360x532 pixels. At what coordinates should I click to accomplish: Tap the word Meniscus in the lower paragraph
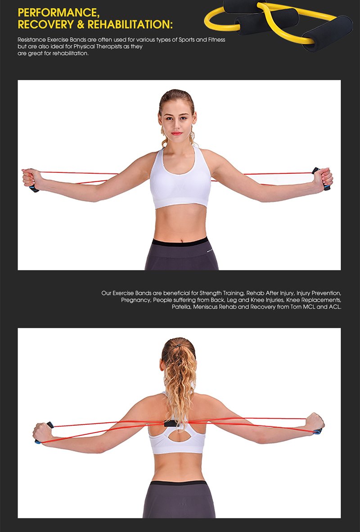[205, 307]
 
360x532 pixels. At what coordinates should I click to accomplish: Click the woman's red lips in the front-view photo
[177, 133]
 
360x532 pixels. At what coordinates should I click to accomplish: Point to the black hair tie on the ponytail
[179, 346]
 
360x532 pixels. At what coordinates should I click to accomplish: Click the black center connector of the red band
[171, 424]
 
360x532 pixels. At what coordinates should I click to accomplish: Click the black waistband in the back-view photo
[179, 483]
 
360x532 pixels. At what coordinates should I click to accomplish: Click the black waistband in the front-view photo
[180, 242]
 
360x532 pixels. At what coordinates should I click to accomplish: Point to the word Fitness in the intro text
[216, 40]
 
